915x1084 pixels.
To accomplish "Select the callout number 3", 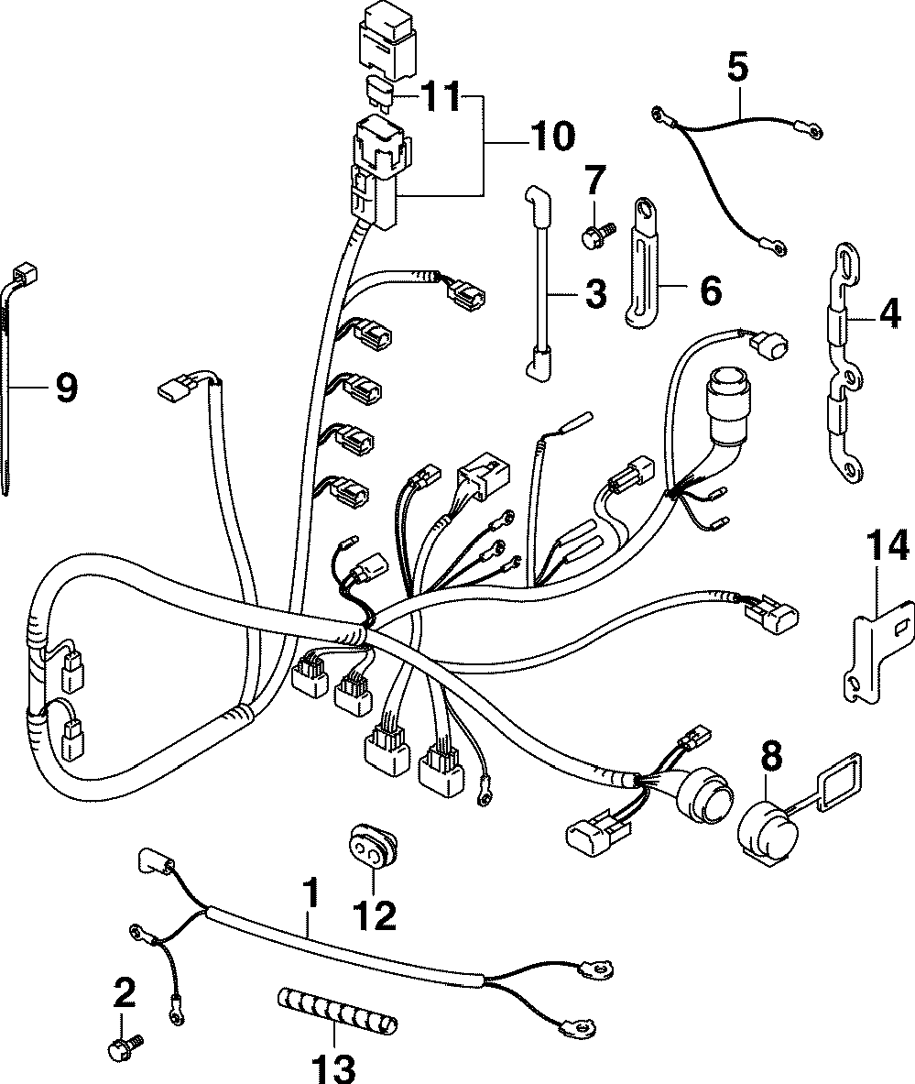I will click(x=594, y=294).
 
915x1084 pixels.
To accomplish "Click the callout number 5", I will click(x=738, y=67).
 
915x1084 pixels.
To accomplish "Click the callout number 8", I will click(x=772, y=757).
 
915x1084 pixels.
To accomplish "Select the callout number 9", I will click(x=65, y=389).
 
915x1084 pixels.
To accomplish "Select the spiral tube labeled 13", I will click(x=336, y=1021).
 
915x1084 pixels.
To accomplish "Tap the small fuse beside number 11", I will click(x=378, y=92).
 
